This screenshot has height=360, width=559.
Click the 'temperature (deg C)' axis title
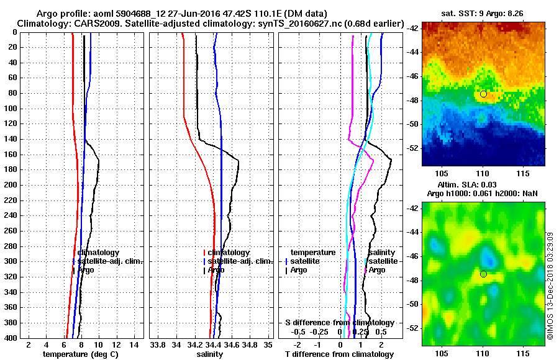click(80, 354)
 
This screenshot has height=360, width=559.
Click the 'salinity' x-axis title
click(209, 354)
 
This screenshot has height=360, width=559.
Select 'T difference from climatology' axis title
click(339, 354)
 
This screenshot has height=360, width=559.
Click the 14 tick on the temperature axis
click(133, 344)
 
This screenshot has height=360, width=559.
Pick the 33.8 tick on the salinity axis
click(158, 344)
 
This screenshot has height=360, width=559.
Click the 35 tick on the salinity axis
click(268, 344)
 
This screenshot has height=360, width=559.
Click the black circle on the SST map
click(483, 94)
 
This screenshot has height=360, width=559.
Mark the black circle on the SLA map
click(483, 274)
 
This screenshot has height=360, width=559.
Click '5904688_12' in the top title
click(124, 13)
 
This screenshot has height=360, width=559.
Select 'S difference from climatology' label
click(339, 323)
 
